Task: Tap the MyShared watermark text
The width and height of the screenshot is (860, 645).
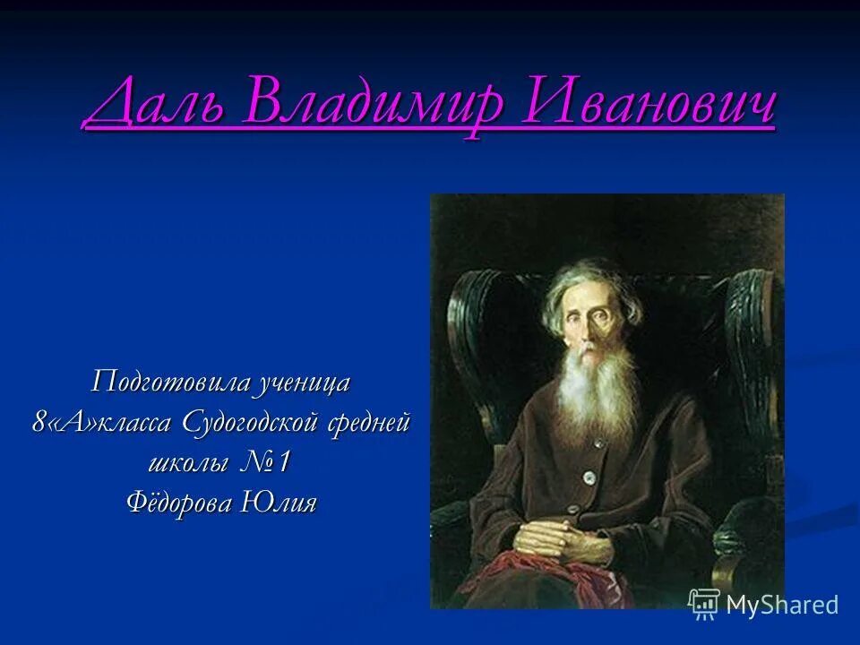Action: pos(782,605)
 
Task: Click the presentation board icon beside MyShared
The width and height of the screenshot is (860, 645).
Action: pos(704,605)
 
